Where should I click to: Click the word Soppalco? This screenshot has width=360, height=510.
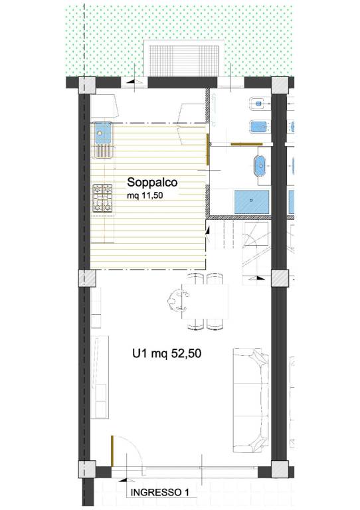tap(152, 182)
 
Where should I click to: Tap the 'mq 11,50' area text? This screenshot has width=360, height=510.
tap(145, 196)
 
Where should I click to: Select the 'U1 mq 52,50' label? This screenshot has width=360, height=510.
tap(167, 353)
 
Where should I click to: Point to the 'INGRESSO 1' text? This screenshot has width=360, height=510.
tap(159, 492)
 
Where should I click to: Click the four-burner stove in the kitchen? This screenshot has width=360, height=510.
tap(102, 199)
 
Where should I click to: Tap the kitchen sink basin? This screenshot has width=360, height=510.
tap(102, 133)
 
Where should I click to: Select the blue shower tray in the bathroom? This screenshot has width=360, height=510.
tap(252, 202)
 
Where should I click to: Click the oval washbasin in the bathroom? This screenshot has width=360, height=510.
tap(260, 166)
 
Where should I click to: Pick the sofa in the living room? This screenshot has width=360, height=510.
tap(251, 400)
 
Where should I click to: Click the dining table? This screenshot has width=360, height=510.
tap(205, 302)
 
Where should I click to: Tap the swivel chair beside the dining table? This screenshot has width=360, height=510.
tap(177, 301)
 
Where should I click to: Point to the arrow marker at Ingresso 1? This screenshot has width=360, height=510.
tap(123, 480)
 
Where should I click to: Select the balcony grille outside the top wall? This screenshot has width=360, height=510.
tap(184, 60)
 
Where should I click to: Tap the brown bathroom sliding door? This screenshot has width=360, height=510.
tap(246, 143)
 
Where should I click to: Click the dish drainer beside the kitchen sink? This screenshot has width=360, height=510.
tap(104, 151)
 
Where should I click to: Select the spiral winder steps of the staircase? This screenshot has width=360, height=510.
tap(256, 235)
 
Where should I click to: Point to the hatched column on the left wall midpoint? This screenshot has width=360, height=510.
tap(87, 278)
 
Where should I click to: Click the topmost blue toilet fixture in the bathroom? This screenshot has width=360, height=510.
tap(259, 104)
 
